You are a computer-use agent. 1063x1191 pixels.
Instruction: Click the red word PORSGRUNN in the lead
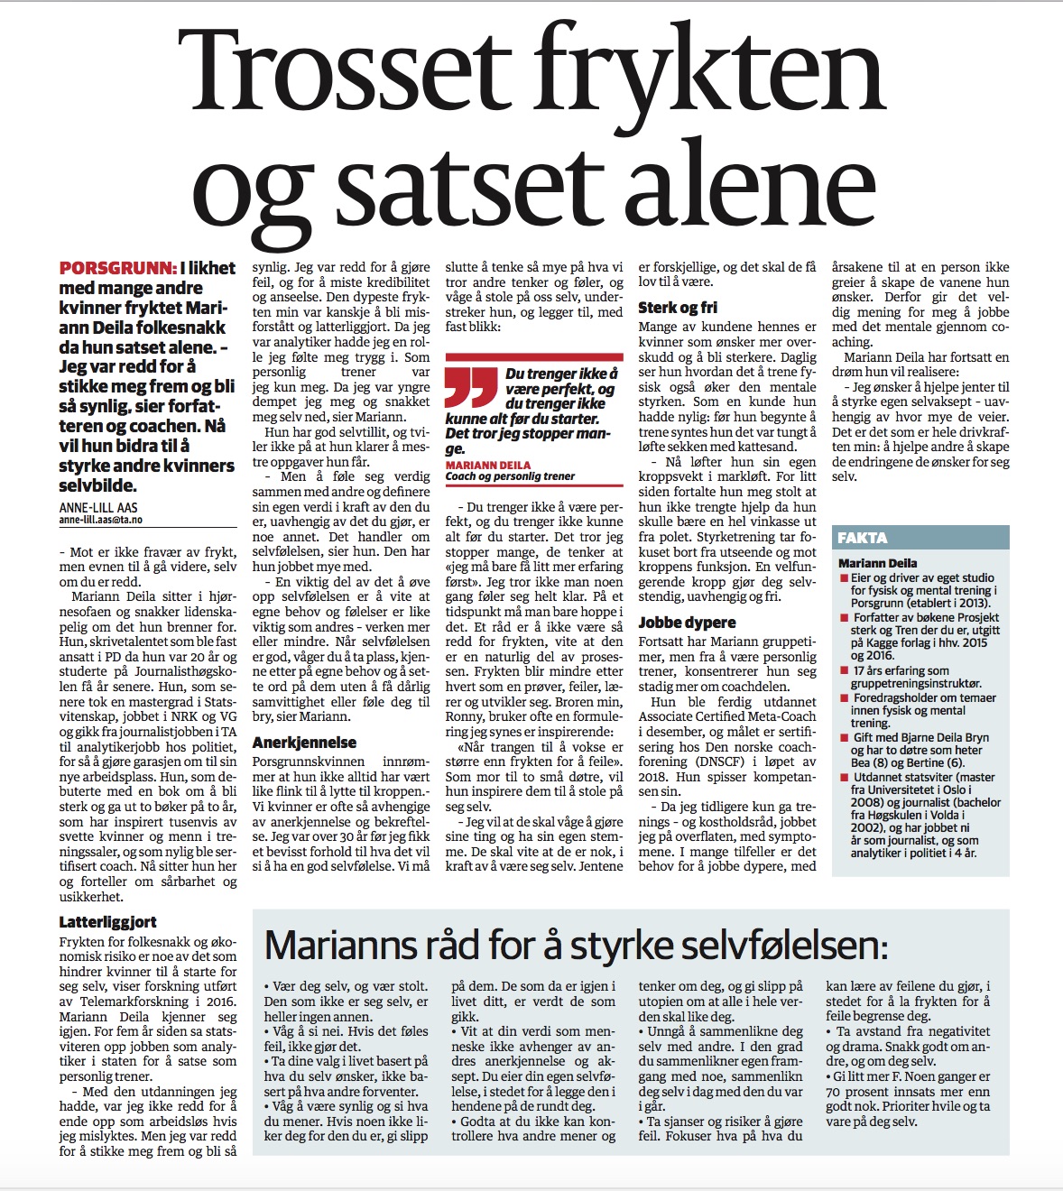[x=117, y=268]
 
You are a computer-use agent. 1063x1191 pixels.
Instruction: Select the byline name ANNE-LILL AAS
[x=98, y=508]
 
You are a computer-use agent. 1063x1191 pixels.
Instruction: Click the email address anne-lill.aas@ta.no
[x=100, y=521]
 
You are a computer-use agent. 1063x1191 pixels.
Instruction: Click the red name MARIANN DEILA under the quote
[x=485, y=465]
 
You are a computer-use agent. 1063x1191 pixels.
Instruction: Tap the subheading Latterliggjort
[x=107, y=922]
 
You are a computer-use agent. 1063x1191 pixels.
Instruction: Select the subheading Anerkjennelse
[x=304, y=743]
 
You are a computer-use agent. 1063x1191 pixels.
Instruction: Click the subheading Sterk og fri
[x=678, y=308]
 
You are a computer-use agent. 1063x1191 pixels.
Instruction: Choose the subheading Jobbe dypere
[x=687, y=623]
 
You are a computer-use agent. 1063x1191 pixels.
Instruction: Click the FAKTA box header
[x=863, y=538]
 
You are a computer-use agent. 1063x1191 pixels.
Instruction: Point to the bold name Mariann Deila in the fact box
[x=877, y=563]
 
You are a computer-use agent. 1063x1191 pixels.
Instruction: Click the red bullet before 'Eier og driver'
[x=844, y=578]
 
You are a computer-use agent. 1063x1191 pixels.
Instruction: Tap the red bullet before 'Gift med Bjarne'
[x=844, y=737]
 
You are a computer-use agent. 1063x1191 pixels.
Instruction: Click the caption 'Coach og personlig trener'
[x=510, y=476]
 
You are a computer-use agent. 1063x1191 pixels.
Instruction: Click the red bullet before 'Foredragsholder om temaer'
[x=844, y=698]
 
